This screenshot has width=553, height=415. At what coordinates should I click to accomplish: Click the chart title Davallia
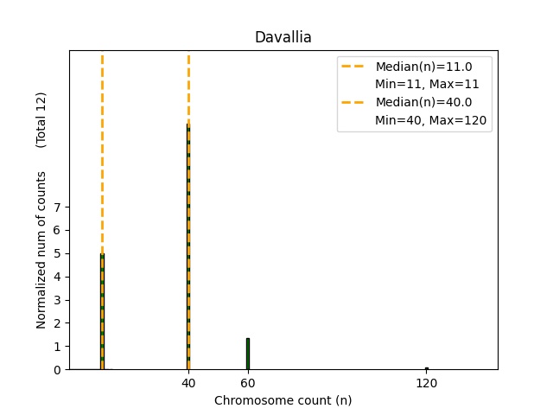pos(283,38)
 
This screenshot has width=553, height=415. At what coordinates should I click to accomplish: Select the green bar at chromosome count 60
pos(248,354)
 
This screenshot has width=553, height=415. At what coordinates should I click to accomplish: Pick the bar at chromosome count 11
pos(102,311)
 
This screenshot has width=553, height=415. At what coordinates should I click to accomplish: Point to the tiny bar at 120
pos(426,368)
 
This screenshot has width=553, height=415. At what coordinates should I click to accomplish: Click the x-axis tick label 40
pos(188,382)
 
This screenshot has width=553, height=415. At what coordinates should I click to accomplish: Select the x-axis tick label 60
pos(248,382)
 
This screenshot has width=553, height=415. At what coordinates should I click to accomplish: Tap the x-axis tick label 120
pos(426,382)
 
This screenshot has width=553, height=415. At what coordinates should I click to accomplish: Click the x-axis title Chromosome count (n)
pos(283,400)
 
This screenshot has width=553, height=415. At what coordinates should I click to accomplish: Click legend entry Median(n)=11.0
pos(422,67)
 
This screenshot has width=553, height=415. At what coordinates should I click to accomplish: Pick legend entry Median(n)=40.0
pos(422,103)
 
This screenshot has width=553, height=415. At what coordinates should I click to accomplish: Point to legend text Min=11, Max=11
pos(427,85)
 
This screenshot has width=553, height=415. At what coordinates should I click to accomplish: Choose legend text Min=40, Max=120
pos(432,121)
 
